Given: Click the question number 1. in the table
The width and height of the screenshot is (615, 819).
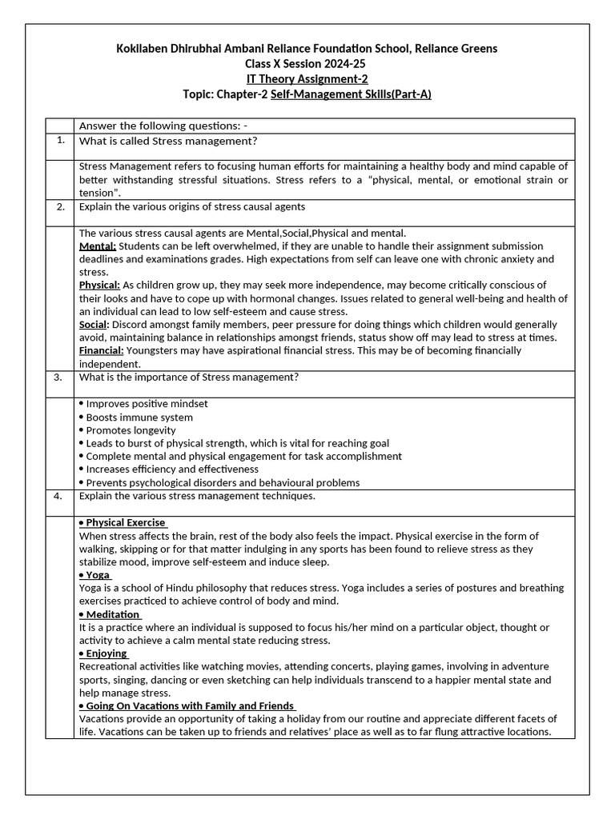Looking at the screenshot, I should (x=61, y=140).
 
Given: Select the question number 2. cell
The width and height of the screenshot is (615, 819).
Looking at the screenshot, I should (x=61, y=206).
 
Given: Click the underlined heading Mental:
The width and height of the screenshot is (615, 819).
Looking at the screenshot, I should (x=98, y=246).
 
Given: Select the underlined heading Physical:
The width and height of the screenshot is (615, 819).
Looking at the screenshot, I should (x=100, y=286).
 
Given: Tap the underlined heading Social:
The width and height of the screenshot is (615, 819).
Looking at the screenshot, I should (x=94, y=325).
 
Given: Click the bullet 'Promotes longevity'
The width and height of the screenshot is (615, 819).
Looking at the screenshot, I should (x=130, y=430).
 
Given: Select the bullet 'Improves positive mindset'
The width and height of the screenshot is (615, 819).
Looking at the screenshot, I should (x=146, y=404).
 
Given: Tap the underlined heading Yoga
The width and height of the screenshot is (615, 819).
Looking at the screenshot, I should (x=96, y=575).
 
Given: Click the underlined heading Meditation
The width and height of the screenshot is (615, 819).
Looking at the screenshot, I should (x=111, y=614).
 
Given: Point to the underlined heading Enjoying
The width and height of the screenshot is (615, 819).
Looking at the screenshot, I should (x=105, y=653).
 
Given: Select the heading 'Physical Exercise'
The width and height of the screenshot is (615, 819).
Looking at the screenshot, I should (x=123, y=522).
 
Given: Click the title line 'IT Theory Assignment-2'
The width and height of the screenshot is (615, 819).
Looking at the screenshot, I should (x=307, y=78).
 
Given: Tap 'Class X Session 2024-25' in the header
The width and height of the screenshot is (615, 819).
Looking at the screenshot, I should (x=307, y=63).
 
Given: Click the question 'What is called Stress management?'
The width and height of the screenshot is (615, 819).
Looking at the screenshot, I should (x=168, y=142).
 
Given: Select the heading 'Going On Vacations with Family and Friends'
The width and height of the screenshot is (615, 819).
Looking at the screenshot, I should (x=188, y=705).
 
